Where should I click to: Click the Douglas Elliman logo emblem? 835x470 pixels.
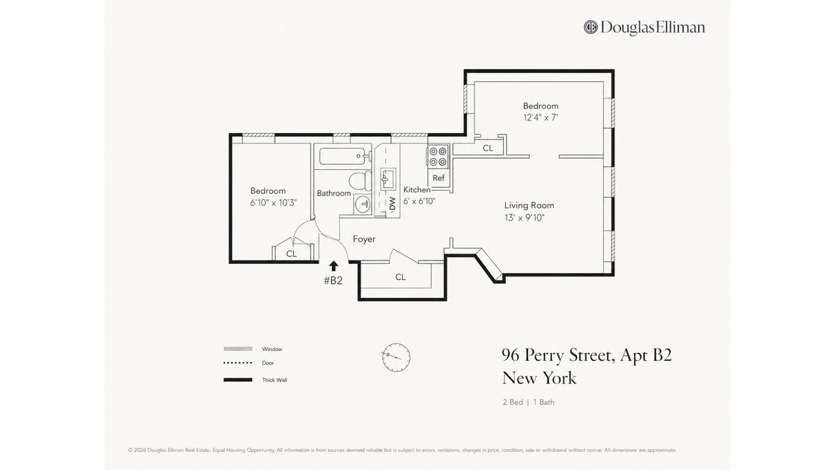[591, 27]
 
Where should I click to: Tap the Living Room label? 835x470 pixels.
[529, 205]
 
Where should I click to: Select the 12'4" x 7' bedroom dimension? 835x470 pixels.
[541, 118]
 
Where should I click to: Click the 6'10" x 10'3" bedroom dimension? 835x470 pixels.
[273, 203]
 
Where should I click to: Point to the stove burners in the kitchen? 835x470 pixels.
[438, 157]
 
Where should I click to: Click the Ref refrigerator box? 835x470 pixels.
[439, 178]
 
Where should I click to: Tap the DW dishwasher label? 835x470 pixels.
[392, 203]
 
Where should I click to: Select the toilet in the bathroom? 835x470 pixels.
[361, 180]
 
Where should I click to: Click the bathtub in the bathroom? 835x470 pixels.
[342, 156]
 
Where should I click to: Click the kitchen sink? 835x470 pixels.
[388, 178]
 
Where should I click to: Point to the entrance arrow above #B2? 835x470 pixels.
[333, 265]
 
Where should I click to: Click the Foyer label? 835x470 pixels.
[364, 239]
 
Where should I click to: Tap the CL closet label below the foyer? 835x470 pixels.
[400, 277]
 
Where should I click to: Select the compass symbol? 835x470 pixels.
[396, 357]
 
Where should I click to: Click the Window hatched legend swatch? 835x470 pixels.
[238, 349]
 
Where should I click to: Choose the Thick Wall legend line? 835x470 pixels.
[238, 380]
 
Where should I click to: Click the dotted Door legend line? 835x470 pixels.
[238, 363]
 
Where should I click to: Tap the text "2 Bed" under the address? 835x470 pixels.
[513, 402]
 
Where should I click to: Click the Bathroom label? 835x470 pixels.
[333, 194]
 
